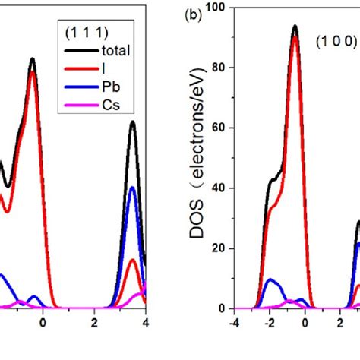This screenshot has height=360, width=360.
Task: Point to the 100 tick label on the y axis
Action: pyautogui.click(x=219, y=7)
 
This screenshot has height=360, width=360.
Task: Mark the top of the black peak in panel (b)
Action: pyautogui.click(x=295, y=26)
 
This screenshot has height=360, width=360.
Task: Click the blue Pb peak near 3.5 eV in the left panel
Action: pyautogui.click(x=132, y=187)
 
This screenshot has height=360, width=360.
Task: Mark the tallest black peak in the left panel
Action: pyautogui.click(x=32, y=58)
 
